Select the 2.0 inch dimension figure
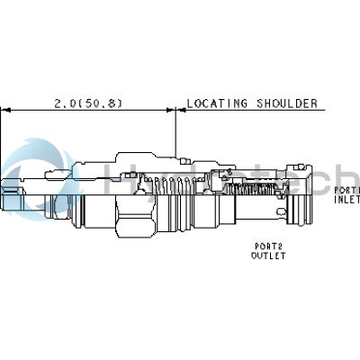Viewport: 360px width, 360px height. [x=65, y=103]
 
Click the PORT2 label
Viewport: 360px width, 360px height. [x=268, y=246]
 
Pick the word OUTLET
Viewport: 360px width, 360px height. [x=268, y=256]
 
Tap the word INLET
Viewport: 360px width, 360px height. [x=346, y=200]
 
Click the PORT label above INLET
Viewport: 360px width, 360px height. [x=346, y=190]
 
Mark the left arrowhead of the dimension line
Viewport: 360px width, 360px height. [x=5, y=111]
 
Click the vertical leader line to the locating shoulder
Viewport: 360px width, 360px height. [x=177, y=135]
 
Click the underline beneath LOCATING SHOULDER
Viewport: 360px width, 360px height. [x=252, y=111]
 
